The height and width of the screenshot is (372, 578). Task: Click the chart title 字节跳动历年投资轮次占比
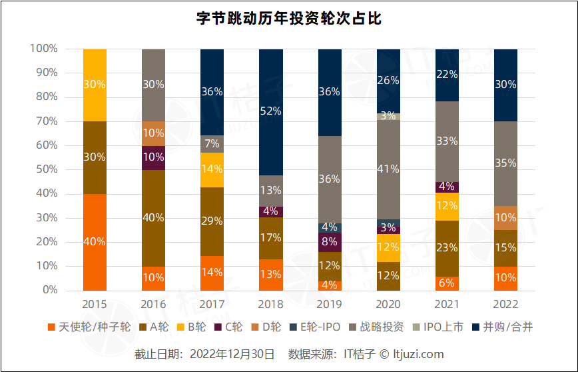click(x=288, y=18)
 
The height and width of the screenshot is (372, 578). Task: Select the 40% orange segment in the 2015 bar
click(x=95, y=242)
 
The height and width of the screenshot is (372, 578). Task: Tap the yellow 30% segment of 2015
click(x=95, y=85)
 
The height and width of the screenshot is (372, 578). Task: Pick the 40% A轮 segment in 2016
click(x=153, y=217)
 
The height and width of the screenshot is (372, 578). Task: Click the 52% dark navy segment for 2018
click(x=271, y=111)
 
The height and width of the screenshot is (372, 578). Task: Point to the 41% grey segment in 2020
click(x=388, y=169)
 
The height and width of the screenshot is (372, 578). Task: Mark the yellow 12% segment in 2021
click(x=447, y=206)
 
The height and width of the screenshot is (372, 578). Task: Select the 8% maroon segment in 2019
click(x=330, y=242)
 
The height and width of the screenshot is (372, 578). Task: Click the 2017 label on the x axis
click(x=212, y=303)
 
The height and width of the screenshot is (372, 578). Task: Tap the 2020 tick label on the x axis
click(x=388, y=303)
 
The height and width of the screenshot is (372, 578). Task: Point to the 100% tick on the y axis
click(x=44, y=49)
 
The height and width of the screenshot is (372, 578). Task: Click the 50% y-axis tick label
click(x=47, y=169)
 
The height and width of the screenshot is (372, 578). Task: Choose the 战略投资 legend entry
click(x=376, y=327)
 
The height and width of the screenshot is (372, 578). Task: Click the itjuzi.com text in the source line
click(x=418, y=354)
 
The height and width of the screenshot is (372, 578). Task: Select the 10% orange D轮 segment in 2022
click(x=506, y=218)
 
